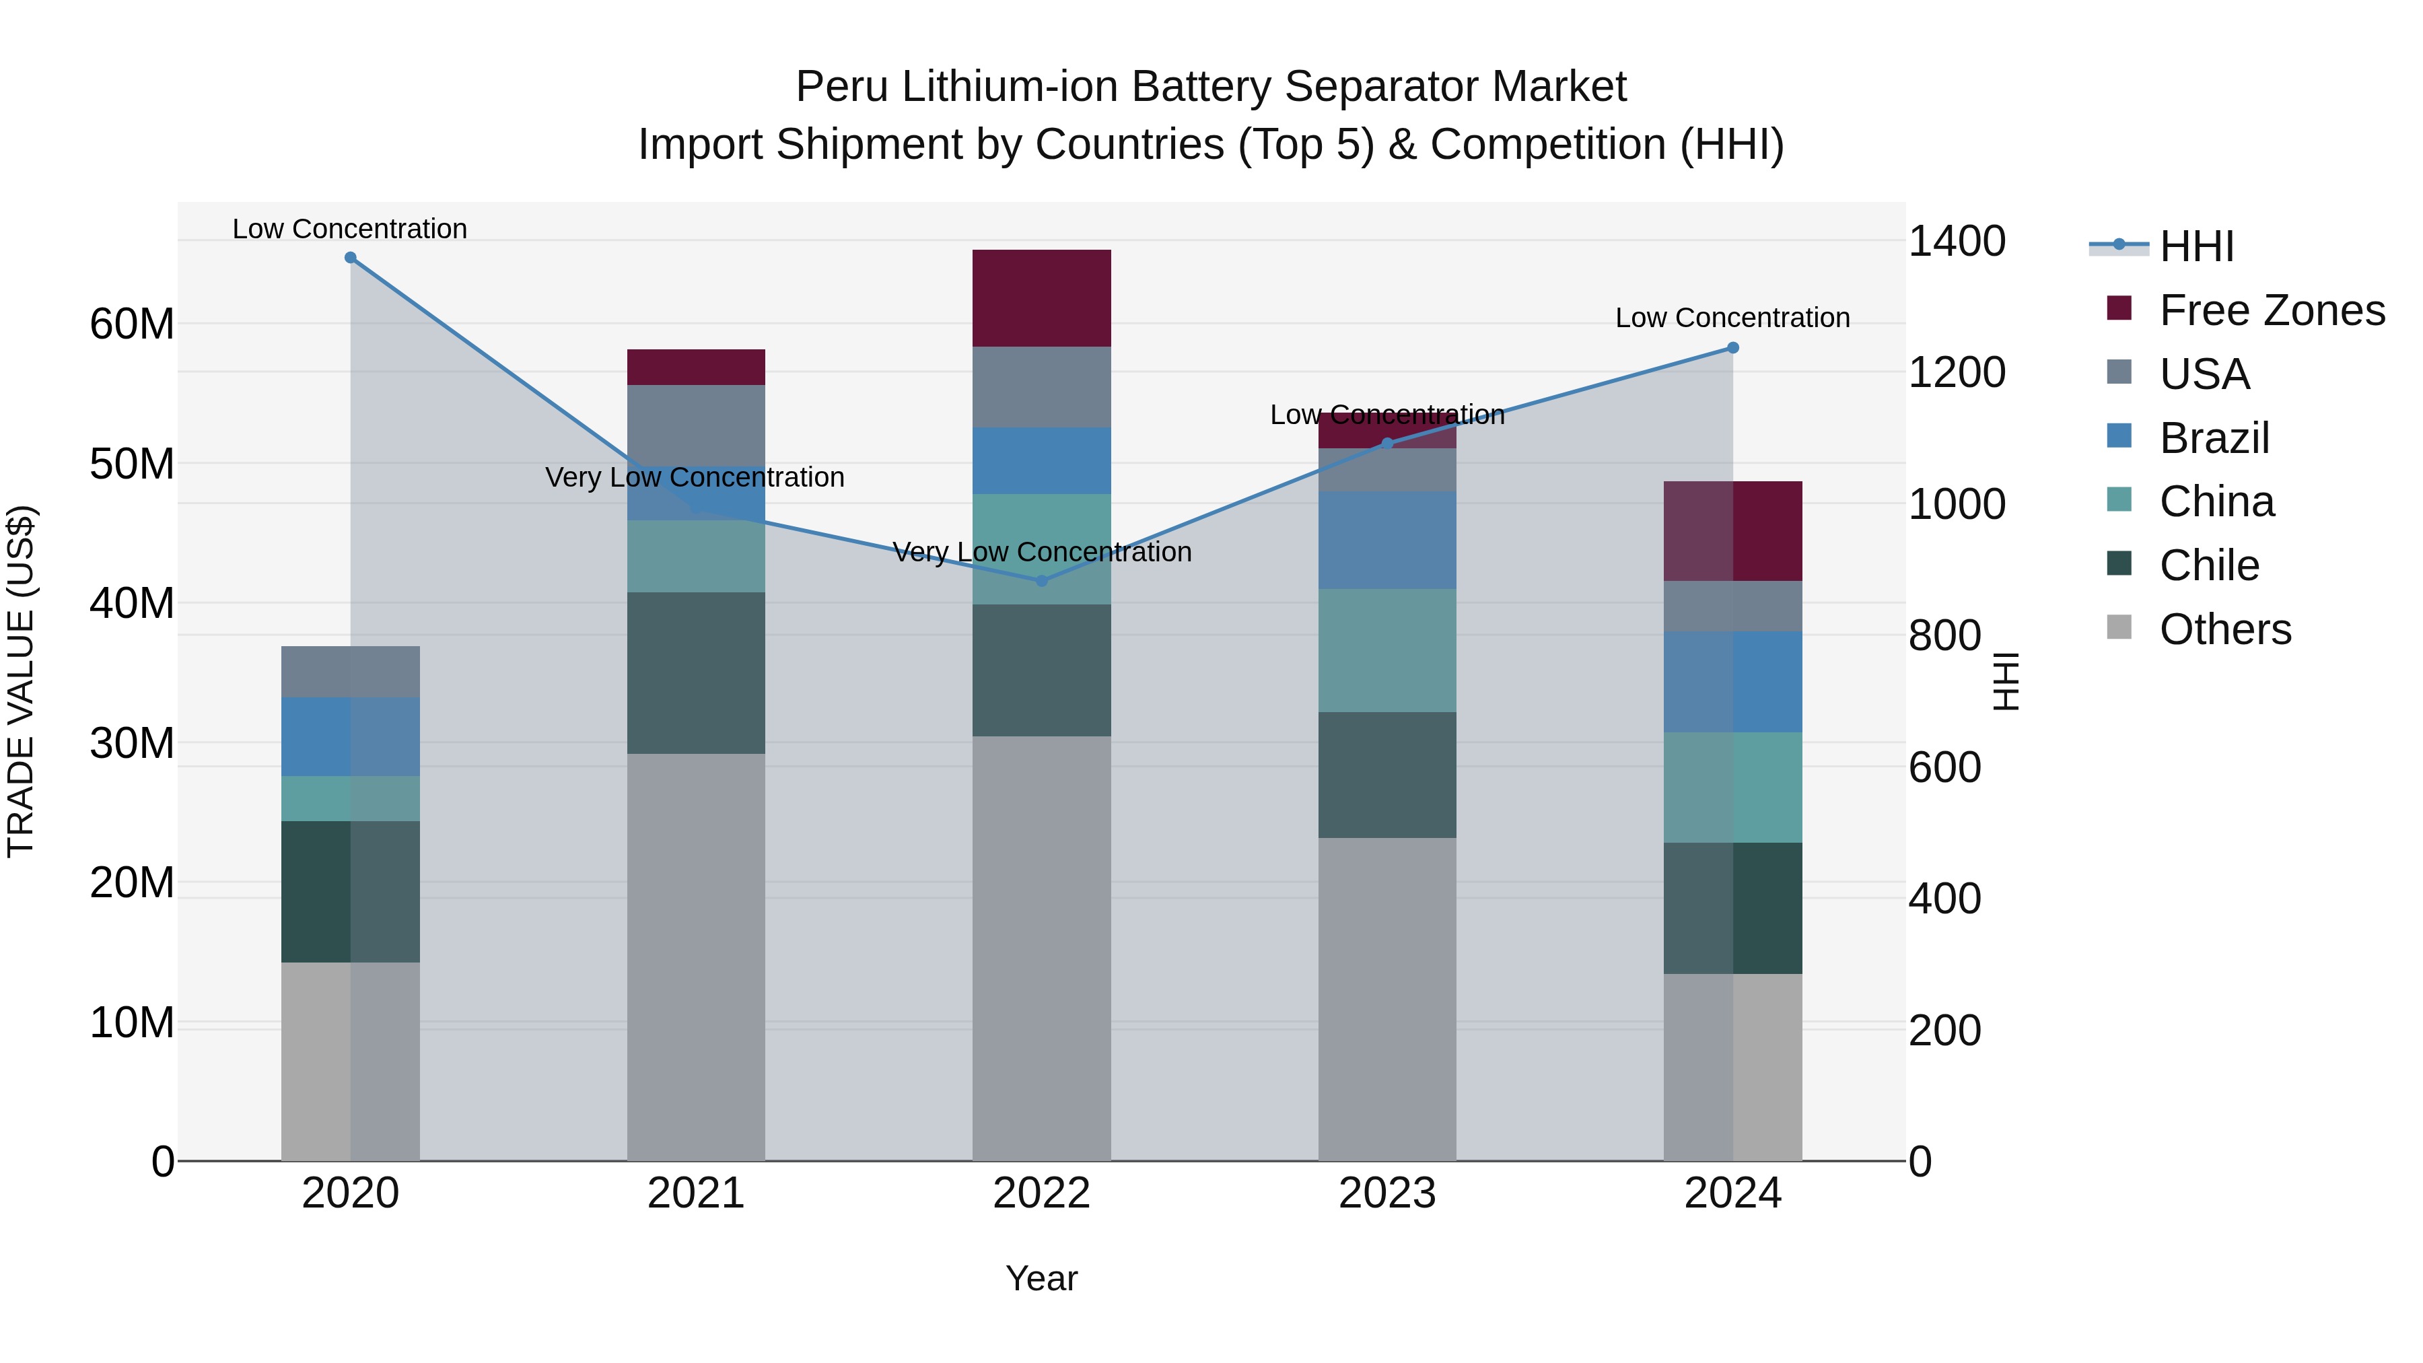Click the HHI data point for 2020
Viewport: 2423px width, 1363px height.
(350, 257)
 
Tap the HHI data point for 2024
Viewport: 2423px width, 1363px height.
(1732, 348)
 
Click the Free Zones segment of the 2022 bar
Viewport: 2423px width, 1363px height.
(1041, 298)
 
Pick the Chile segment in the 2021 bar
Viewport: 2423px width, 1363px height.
(696, 672)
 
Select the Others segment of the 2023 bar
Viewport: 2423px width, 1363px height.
(1386, 999)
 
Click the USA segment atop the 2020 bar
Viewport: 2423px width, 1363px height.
(350, 672)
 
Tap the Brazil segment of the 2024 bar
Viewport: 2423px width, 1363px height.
(1732, 682)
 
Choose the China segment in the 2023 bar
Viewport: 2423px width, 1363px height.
(1386, 650)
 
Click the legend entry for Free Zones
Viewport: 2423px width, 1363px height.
(2272, 310)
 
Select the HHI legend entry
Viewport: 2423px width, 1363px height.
(2196, 246)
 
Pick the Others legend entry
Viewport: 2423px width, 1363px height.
(2224, 629)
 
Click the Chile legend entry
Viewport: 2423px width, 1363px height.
(2208, 565)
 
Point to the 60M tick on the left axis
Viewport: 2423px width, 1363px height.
(132, 324)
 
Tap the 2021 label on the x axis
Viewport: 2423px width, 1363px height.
(696, 1193)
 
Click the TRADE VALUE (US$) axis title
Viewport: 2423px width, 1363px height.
(21, 681)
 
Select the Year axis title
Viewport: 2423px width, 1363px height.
(1041, 1278)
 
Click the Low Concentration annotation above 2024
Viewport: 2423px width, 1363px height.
(1732, 318)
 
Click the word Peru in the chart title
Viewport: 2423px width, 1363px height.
(840, 87)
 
